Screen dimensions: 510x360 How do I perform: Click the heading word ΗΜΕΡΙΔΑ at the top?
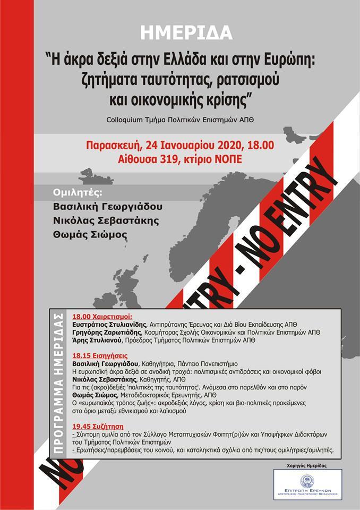187,33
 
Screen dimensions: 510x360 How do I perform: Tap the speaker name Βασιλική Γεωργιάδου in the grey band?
108,207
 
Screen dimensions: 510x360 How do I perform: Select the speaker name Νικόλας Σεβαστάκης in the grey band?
105,221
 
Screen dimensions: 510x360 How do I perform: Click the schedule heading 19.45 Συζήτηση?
97,426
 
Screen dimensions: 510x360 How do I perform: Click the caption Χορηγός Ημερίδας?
307,465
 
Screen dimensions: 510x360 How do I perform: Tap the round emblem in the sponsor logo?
307,481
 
